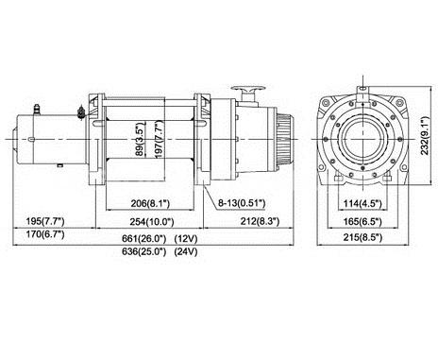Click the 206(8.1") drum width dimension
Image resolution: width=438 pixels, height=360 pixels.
click(150, 203)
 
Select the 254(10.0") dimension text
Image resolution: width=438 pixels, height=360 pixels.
click(152, 222)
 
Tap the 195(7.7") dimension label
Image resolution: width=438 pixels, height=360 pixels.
click(45, 221)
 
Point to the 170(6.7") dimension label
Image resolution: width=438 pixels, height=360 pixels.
click(45, 234)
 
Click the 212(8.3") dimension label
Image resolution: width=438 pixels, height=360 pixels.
click(260, 221)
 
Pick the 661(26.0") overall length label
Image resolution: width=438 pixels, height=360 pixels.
click(143, 239)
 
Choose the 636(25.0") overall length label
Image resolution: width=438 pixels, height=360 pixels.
click(143, 251)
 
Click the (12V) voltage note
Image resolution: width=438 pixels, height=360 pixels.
click(186, 239)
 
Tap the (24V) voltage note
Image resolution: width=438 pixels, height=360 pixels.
click(186, 251)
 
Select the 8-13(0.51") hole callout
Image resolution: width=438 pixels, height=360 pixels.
click(242, 203)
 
